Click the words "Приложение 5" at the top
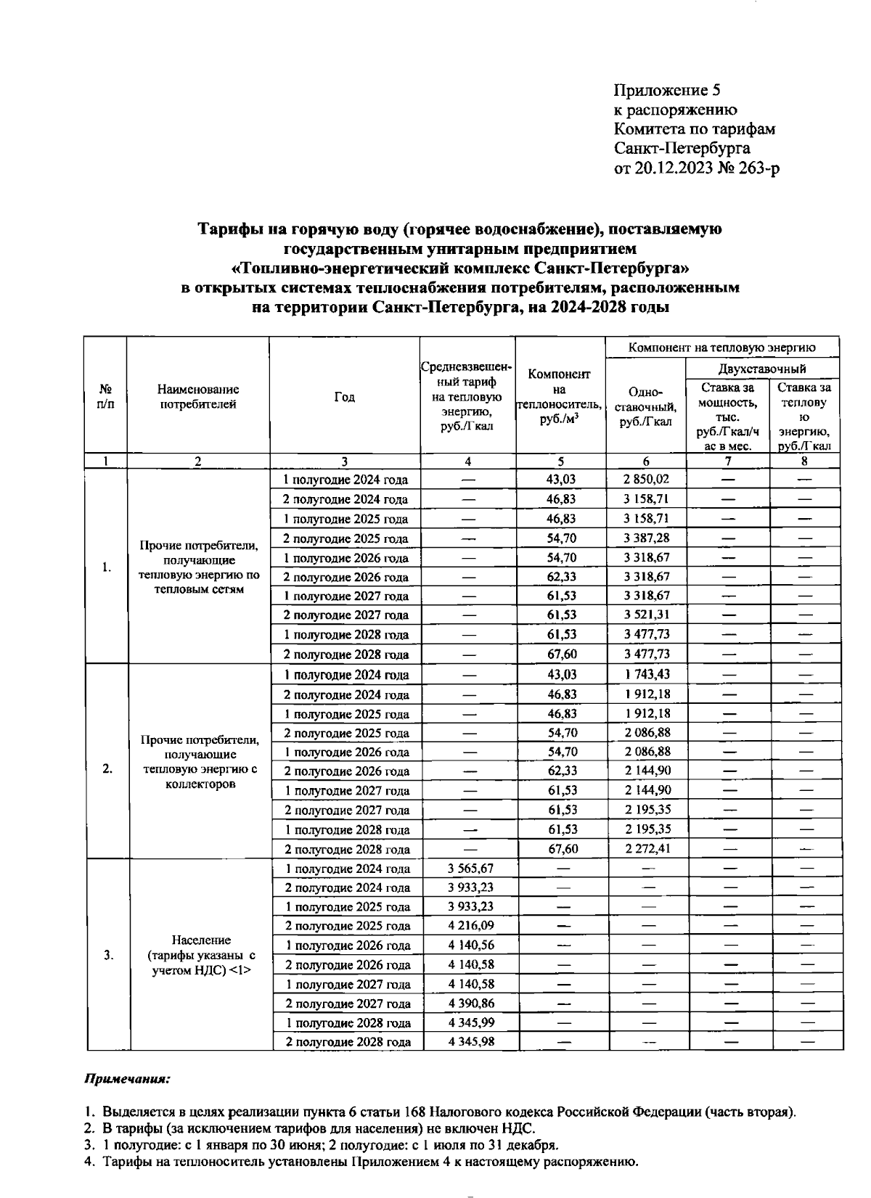[x=666, y=91]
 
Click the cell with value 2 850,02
[x=645, y=480]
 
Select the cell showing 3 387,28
[x=645, y=538]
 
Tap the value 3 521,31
[x=645, y=615]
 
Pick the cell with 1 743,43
[x=645, y=675]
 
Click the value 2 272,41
[x=645, y=849]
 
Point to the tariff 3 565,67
[x=469, y=869]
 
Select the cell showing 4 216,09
[x=469, y=926]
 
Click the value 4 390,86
[x=469, y=1004]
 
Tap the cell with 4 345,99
[x=469, y=1023]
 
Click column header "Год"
[x=345, y=397]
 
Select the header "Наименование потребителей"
[x=198, y=397]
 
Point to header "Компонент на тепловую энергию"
[x=721, y=348]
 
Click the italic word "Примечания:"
[x=128, y=1079]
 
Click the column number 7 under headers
[x=728, y=461]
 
